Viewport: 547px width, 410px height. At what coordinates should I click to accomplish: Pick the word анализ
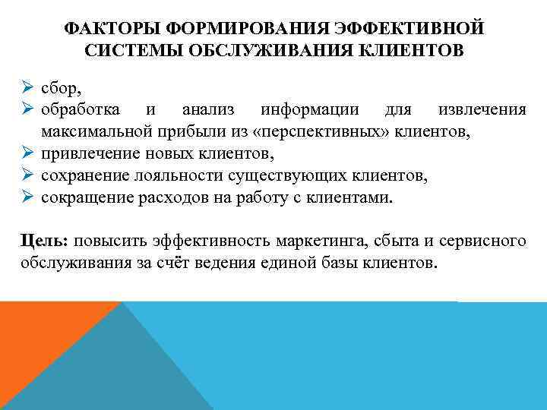coord(207,110)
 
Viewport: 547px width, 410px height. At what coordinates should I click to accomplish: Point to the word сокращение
coord(84,198)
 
